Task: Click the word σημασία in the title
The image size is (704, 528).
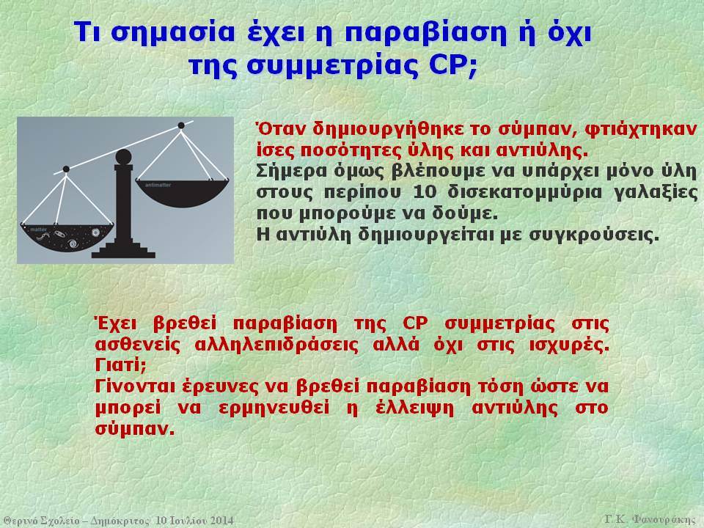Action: tap(172, 33)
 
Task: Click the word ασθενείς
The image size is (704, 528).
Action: tap(138, 345)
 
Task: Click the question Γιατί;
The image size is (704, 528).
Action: tap(121, 365)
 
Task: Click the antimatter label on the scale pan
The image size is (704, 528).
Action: tap(158, 185)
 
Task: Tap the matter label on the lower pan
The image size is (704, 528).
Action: tap(38, 230)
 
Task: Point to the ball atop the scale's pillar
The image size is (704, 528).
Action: tap(123, 157)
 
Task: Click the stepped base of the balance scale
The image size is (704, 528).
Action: tap(123, 249)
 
